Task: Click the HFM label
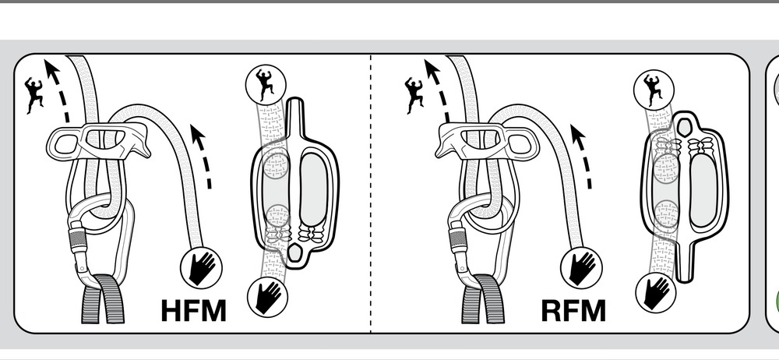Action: tap(193, 310)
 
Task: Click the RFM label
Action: tap(573, 310)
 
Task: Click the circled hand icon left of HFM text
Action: tap(201, 268)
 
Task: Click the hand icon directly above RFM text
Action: tap(583, 266)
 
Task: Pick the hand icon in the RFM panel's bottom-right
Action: tap(656, 293)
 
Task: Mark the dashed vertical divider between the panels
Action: tap(371, 195)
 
